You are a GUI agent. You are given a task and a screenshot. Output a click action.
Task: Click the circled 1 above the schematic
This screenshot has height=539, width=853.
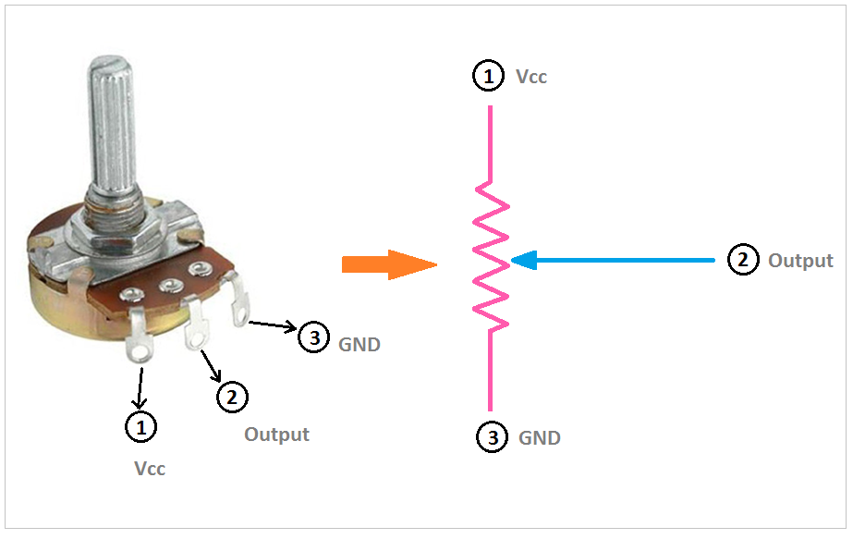[488, 76]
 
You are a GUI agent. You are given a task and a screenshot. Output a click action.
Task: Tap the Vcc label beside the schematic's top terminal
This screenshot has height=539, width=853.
[531, 77]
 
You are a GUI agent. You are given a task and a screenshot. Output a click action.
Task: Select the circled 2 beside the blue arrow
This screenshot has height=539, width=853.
[743, 260]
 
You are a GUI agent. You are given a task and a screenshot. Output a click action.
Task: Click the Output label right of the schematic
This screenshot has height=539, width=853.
[800, 260]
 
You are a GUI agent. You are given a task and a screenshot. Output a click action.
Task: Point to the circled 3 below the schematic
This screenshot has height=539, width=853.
[493, 437]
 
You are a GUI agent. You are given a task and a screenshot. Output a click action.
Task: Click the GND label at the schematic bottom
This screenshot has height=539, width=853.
[539, 437]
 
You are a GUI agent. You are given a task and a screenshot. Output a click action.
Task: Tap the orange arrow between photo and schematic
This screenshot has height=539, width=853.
[389, 264]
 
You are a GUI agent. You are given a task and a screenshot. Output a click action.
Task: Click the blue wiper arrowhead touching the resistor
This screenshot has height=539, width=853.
[524, 260]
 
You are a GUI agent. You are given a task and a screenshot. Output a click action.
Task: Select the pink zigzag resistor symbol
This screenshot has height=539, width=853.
[491, 256]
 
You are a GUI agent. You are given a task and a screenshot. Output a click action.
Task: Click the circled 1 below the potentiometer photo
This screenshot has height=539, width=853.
[141, 426]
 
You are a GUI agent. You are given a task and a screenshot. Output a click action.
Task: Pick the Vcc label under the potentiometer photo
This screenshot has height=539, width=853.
[150, 468]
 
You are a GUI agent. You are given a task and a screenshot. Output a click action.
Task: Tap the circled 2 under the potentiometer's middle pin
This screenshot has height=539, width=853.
[232, 397]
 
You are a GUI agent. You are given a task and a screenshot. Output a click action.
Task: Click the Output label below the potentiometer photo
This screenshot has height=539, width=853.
[276, 435]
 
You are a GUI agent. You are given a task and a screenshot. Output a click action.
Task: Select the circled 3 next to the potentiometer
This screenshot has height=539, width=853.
[314, 337]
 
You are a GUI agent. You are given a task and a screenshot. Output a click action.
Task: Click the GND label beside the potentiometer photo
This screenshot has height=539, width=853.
[359, 345]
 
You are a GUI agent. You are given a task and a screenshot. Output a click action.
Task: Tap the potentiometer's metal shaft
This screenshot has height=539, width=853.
[113, 128]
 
